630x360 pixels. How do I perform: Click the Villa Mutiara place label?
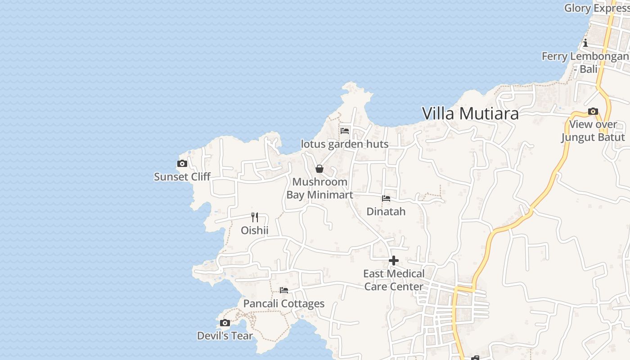click(470, 113)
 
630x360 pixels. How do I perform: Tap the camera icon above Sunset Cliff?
click(182, 164)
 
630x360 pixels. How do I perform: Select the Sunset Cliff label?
click(182, 177)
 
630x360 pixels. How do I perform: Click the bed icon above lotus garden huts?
click(345, 131)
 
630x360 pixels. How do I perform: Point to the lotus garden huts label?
click(345, 144)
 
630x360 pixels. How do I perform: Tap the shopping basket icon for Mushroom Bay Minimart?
click(319, 169)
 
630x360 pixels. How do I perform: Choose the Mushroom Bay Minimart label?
click(319, 189)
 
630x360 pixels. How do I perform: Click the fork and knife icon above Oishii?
click(255, 217)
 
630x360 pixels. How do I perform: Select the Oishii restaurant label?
click(255, 230)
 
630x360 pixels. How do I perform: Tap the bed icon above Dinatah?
click(386, 198)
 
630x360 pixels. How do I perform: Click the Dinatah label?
click(386, 211)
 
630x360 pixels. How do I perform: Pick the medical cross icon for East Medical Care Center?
click(394, 261)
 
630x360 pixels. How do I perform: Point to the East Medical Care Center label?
click(394, 280)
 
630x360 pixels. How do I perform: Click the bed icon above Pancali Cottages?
click(284, 290)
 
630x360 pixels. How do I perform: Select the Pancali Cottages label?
click(284, 304)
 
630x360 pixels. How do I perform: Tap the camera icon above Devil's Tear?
click(225, 323)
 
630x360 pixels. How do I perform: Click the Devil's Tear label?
click(225, 336)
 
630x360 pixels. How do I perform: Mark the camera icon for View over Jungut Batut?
click(593, 112)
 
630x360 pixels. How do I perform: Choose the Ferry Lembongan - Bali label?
click(585, 63)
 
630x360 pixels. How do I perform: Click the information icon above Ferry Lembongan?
click(585, 43)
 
